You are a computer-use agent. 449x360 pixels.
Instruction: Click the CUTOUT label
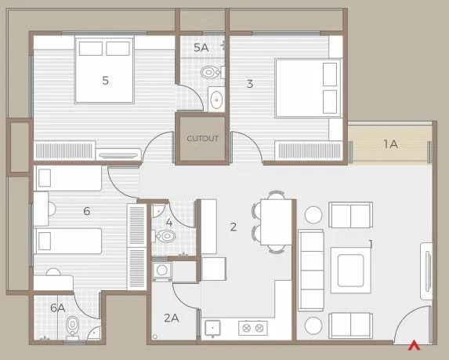pyautogui.click(x=201, y=139)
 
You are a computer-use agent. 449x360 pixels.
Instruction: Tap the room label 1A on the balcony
pyautogui.click(x=389, y=144)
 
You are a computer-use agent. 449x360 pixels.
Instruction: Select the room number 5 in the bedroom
pyautogui.click(x=104, y=79)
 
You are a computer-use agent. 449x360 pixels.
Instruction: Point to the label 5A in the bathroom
pyautogui.click(x=201, y=48)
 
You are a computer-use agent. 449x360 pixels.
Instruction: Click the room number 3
pyautogui.click(x=249, y=83)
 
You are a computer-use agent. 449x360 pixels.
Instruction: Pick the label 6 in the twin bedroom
pyautogui.click(x=87, y=210)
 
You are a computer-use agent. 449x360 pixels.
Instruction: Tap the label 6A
pyautogui.click(x=56, y=308)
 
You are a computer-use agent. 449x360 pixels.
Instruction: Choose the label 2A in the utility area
pyautogui.click(x=172, y=318)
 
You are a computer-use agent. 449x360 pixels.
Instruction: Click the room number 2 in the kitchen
pyautogui.click(x=233, y=227)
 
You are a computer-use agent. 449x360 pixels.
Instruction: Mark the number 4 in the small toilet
pyautogui.click(x=169, y=222)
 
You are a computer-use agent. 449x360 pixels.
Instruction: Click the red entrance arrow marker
pyautogui.click(x=414, y=343)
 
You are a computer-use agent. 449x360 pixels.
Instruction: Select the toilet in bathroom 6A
pyautogui.click(x=73, y=325)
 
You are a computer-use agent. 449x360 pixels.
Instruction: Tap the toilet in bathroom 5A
pyautogui.click(x=208, y=73)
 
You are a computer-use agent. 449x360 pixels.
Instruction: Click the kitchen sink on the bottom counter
pyautogui.click(x=212, y=327)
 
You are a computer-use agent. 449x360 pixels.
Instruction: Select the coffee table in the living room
pyautogui.click(x=348, y=267)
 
